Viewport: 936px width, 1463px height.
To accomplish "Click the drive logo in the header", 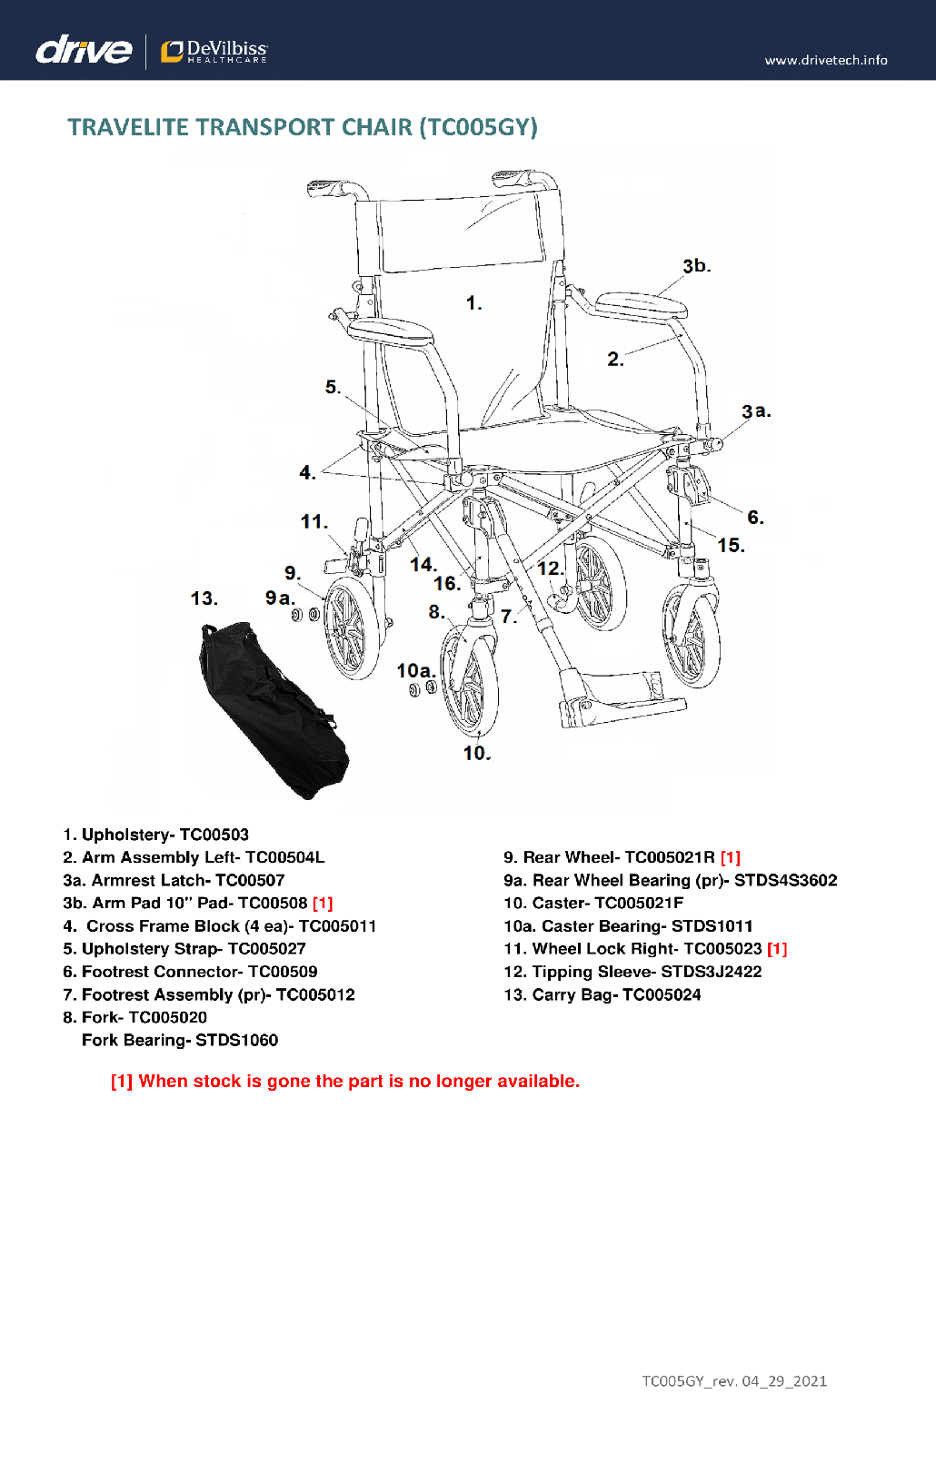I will pyautogui.click(x=84, y=50).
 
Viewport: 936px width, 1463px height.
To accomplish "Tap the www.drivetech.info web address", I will pyautogui.click(x=825, y=60).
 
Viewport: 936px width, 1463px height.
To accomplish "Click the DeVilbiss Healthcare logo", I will pyautogui.click(x=214, y=52).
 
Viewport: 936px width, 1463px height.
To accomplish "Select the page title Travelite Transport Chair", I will pyautogui.click(x=303, y=127).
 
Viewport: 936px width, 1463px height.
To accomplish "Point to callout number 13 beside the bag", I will pyautogui.click(x=204, y=598).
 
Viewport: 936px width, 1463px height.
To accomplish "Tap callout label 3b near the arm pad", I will pyautogui.click(x=696, y=266).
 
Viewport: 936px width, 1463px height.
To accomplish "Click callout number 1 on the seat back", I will pyautogui.click(x=473, y=303).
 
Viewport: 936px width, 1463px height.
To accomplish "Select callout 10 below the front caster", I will pyautogui.click(x=476, y=753).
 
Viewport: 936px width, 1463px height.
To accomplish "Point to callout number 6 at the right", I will pyautogui.click(x=755, y=518).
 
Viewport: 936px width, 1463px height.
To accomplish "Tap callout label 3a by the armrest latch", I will pyautogui.click(x=756, y=411).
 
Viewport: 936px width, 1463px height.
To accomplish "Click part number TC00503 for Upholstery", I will pyautogui.click(x=214, y=835).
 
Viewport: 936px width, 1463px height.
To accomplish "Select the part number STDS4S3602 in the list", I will pyautogui.click(x=785, y=880).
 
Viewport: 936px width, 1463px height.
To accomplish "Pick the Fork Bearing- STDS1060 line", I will pyautogui.click(x=180, y=1040).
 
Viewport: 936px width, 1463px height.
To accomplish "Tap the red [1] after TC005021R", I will pyautogui.click(x=731, y=857).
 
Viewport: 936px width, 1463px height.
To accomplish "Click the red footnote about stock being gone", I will pyautogui.click(x=345, y=1081).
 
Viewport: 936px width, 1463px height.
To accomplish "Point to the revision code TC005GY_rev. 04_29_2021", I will pyautogui.click(x=734, y=1381).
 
